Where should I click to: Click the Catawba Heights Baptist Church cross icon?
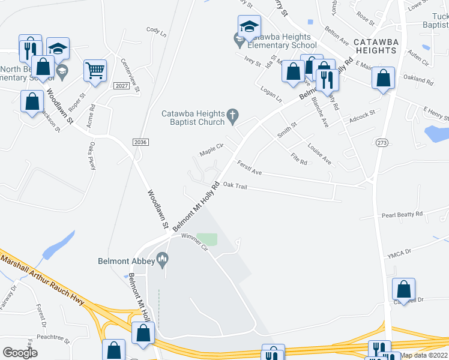pyautogui.click(x=234, y=115)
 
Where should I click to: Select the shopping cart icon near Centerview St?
pyautogui.click(x=95, y=70)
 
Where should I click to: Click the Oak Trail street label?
pyautogui.click(x=235, y=187)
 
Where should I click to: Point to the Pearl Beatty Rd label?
pyautogui.click(x=402, y=214)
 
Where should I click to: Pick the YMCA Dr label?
pyautogui.click(x=399, y=253)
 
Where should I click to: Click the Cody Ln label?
pyautogui.click(x=156, y=31)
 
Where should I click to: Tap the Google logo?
pyautogui.click(x=20, y=353)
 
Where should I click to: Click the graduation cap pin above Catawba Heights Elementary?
pyautogui.click(x=249, y=26)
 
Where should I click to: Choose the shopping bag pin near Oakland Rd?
pyautogui.click(x=383, y=77)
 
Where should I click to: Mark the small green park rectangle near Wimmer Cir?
pyautogui.click(x=206, y=239)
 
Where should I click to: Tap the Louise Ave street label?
pyautogui.click(x=319, y=154)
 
